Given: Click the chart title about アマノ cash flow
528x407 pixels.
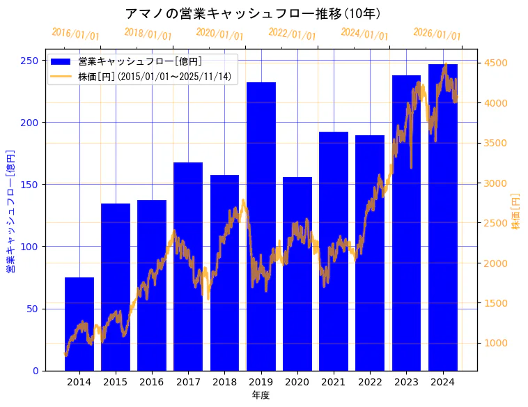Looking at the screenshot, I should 252,14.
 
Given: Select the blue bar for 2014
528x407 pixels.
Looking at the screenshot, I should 79,324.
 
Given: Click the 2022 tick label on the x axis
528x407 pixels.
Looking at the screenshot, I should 370,382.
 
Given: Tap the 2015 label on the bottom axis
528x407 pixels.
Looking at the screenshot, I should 116,382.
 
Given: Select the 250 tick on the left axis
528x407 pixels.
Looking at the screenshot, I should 31,61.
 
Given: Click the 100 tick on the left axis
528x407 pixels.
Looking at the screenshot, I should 31,247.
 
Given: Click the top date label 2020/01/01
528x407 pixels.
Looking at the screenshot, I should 220,33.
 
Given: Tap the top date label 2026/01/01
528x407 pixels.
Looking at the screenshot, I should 437,33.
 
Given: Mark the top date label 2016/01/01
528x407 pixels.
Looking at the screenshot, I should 75,33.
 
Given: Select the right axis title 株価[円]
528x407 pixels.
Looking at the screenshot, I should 516,212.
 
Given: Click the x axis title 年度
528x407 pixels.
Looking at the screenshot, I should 261,395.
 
